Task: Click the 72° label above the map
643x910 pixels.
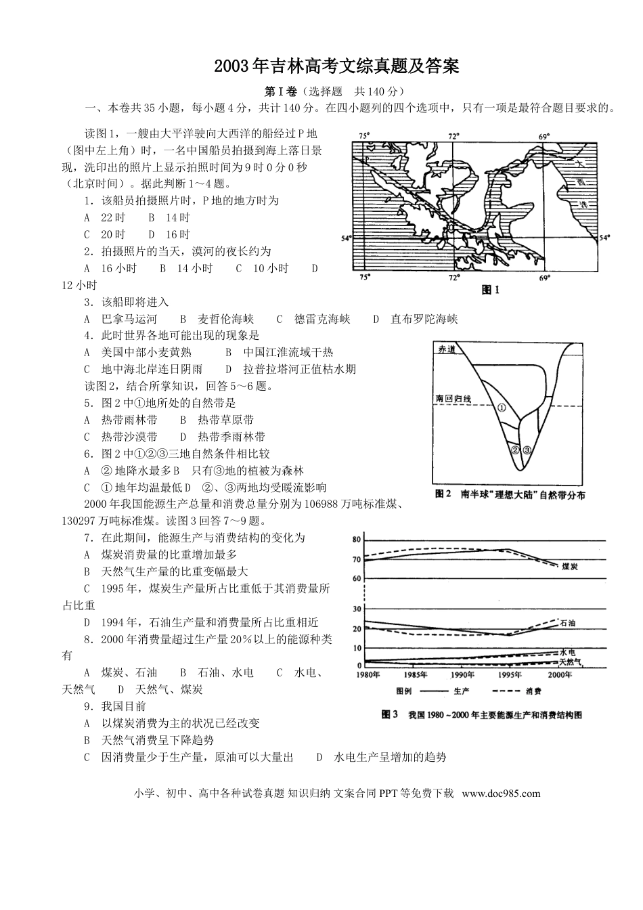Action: point(453,135)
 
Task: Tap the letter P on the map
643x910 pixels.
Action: point(365,160)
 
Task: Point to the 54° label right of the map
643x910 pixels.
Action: point(604,238)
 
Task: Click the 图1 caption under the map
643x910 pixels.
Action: point(490,290)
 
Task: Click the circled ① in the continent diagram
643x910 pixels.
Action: point(502,408)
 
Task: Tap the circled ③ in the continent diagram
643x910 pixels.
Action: point(527,450)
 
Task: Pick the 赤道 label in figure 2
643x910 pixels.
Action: point(447,349)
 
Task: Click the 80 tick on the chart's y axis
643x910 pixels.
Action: point(357,540)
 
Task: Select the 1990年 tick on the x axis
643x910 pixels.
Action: point(462,675)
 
